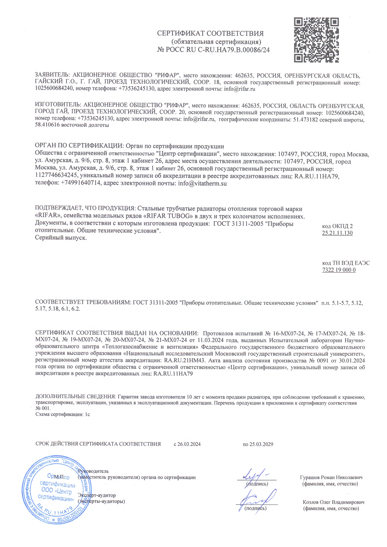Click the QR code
pyautogui.click(x=316, y=40)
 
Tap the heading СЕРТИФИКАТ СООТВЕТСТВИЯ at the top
pyautogui.click(x=210, y=33)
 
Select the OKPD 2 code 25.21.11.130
pyautogui.click(x=337, y=233)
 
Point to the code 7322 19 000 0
pyautogui.click(x=339, y=270)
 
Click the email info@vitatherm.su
pyautogui.click(x=202, y=184)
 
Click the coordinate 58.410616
pyautogui.click(x=47, y=125)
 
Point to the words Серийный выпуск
pyautogui.click(x=61, y=238)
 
